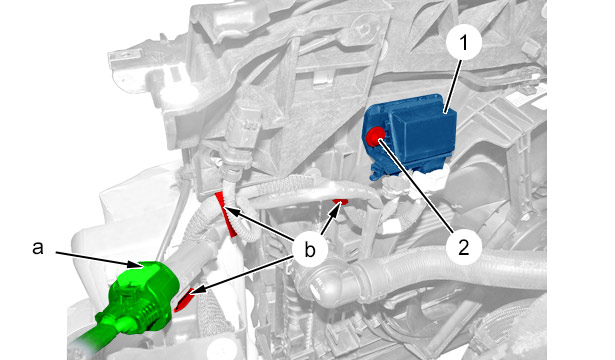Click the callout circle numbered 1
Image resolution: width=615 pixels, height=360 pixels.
tap(464, 42)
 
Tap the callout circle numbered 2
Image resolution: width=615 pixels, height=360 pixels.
tap(464, 247)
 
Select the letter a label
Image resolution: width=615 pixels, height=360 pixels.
tap(38, 248)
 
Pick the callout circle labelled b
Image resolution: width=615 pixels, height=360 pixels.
tap(310, 250)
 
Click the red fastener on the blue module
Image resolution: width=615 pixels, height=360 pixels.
tap(375, 135)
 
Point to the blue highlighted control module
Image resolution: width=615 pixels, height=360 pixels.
tap(410, 135)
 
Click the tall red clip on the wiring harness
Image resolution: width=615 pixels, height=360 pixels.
tap(226, 214)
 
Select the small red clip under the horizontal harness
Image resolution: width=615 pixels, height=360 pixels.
tap(340, 202)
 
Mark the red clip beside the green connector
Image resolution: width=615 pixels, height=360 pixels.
tap(183, 300)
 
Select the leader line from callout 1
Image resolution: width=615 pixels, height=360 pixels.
tap(454, 86)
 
